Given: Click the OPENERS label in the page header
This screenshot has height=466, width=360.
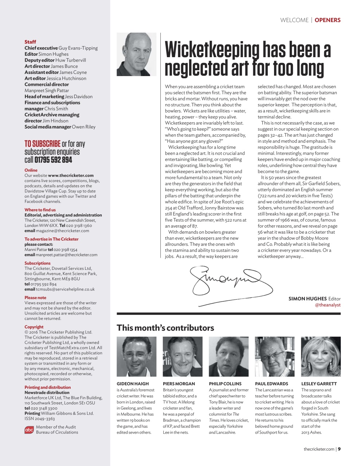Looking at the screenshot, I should pos(327,20).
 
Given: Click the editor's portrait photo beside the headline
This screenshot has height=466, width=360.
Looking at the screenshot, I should pos(136,54).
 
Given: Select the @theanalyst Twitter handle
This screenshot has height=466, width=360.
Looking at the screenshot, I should pos(328,305).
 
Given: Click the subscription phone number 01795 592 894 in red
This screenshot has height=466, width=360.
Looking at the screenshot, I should pos(53,160).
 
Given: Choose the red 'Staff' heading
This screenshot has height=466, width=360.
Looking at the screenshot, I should pos(30,42).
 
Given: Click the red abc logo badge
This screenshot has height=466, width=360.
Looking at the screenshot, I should pos(29,430).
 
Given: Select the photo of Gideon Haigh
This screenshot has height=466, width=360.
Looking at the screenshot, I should pos(136,356).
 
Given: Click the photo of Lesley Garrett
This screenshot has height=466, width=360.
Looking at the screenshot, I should pos(321,356).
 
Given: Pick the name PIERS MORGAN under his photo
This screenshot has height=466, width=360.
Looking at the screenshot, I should pos(179,384).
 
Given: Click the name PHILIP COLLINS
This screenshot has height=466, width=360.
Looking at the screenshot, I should pos(225,384).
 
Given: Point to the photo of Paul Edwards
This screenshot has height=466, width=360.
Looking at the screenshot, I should pos(274,356).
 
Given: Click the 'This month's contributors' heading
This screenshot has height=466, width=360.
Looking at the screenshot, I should pos(165,328).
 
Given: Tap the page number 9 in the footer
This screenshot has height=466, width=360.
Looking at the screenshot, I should pos(339,449).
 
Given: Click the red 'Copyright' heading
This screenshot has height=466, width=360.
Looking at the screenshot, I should pos(34,327).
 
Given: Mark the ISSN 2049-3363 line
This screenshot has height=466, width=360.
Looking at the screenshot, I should pos(40,419).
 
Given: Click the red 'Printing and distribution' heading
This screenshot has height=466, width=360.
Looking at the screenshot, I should pos(47,387).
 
